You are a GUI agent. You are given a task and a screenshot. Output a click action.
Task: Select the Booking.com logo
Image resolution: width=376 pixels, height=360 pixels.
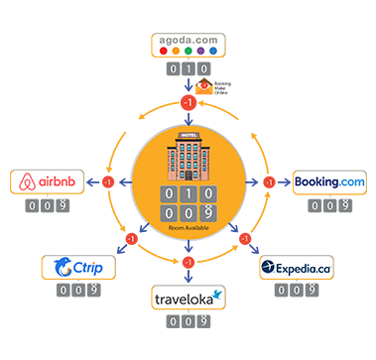(329, 182)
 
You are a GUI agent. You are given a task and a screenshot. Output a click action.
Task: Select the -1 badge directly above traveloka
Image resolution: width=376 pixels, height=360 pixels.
(188, 261)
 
